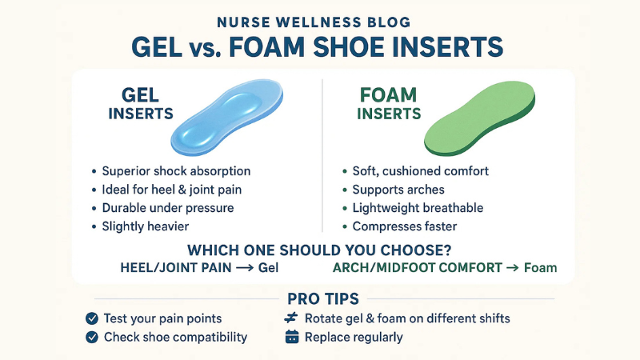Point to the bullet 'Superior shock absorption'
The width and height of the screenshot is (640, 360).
click(176, 171)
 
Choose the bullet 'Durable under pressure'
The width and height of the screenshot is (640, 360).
click(168, 208)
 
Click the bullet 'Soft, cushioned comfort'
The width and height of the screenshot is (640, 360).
click(421, 171)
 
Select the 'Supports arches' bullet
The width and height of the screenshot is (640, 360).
click(398, 190)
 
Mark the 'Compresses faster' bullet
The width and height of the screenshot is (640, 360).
click(403, 226)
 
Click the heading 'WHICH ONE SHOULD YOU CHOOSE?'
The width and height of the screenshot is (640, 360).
click(320, 247)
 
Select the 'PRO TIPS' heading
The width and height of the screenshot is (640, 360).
click(319, 298)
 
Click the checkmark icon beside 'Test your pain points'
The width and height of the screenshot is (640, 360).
click(91, 318)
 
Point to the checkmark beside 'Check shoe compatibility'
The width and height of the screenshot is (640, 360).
click(91, 338)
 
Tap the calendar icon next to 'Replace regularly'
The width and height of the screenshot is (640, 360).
click(291, 338)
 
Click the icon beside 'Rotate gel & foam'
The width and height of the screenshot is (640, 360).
click(291, 318)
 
